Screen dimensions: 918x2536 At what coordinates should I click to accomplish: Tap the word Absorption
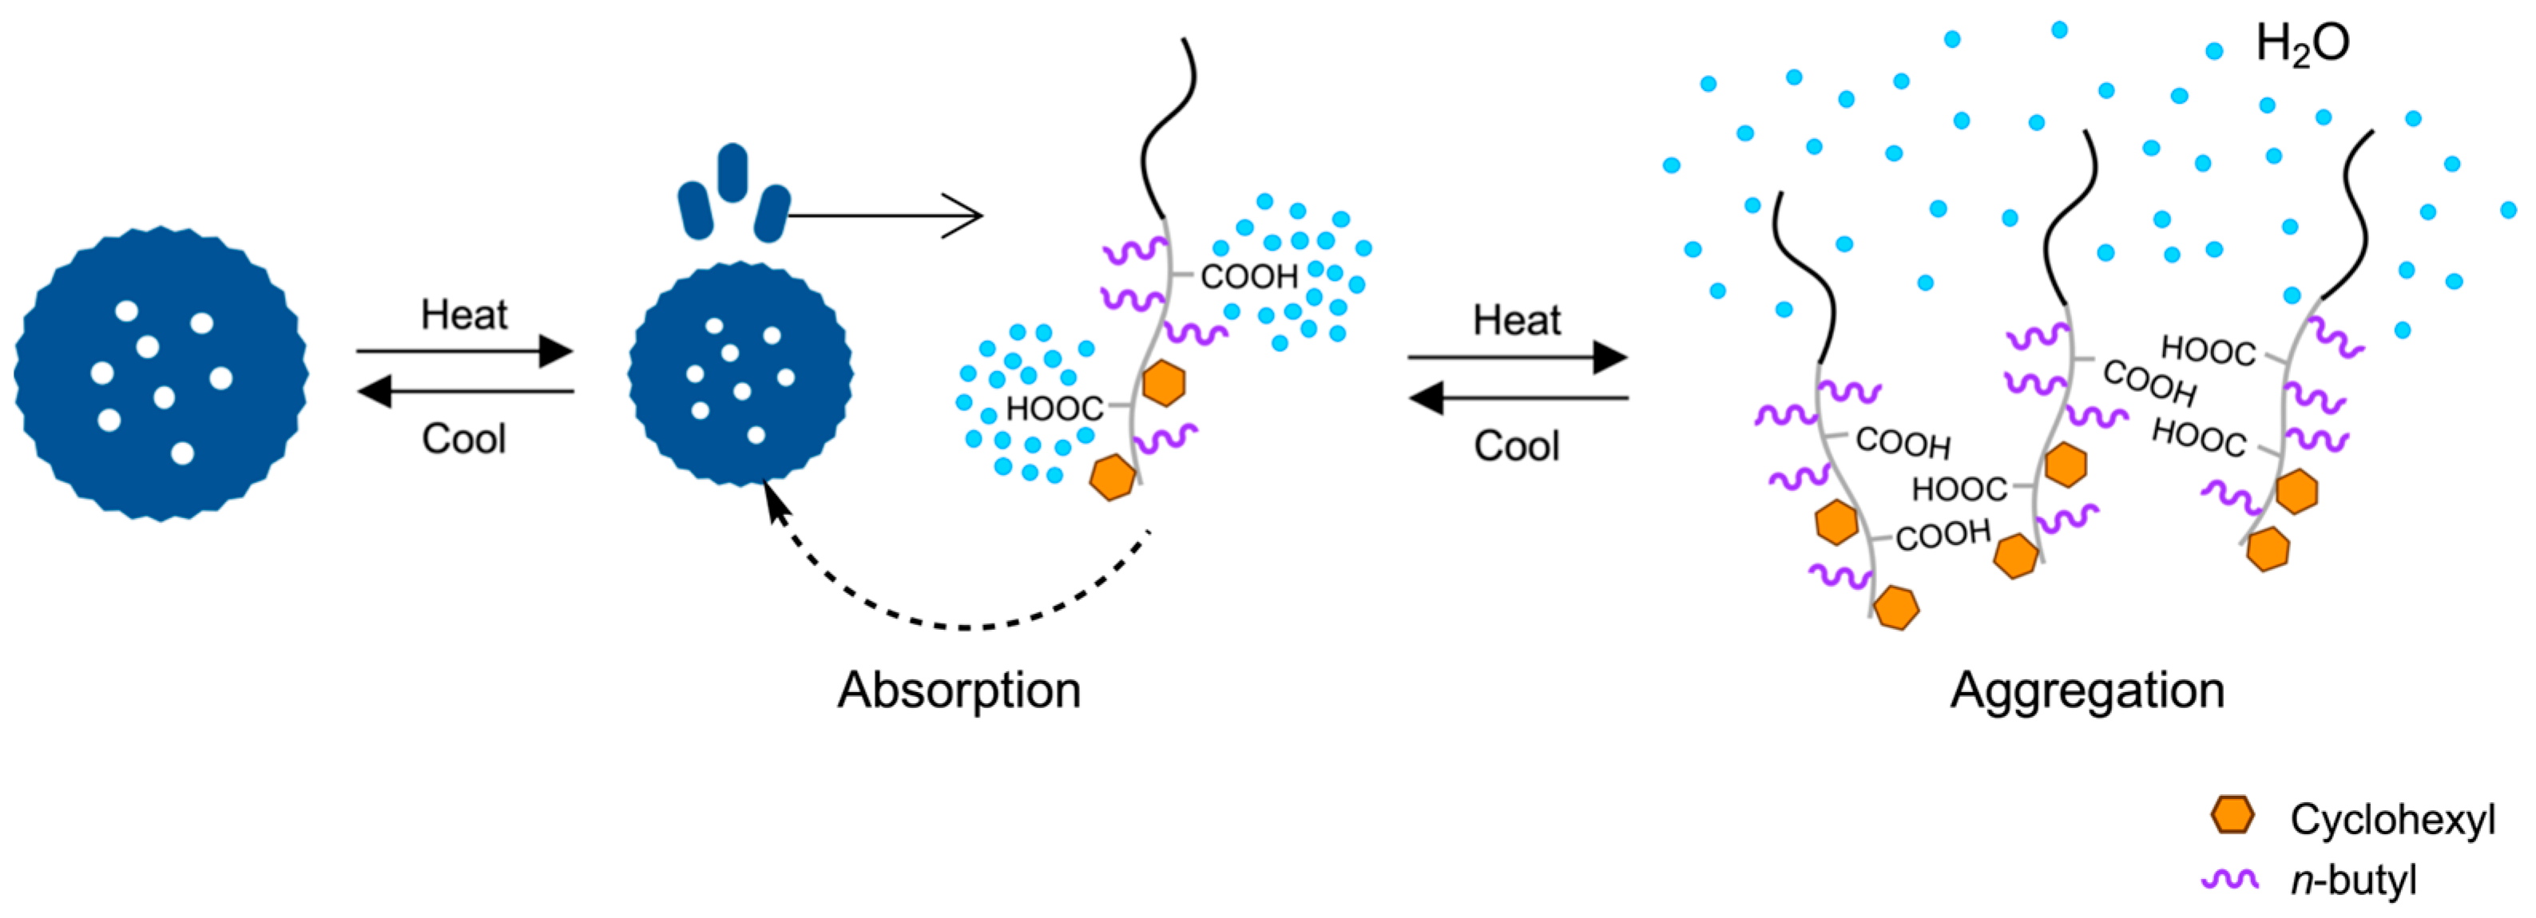click(958, 690)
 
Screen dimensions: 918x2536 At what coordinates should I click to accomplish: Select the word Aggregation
click(2087, 690)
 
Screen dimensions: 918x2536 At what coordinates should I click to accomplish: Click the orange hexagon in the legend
click(2232, 816)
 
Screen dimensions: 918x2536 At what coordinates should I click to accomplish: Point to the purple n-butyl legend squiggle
click(2230, 879)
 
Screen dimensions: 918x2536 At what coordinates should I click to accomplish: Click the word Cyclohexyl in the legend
click(2391, 819)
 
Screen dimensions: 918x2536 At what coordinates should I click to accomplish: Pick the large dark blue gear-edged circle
click(161, 374)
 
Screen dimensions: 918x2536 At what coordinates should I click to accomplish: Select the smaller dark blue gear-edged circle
click(740, 374)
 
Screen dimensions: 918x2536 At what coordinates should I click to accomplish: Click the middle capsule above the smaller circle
click(732, 172)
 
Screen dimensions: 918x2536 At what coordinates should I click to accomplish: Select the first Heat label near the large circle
click(464, 315)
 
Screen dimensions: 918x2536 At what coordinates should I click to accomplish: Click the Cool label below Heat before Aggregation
click(1516, 445)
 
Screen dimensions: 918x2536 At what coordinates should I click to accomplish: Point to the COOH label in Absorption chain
click(1248, 276)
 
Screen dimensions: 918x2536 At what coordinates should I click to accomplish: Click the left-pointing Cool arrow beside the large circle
click(465, 392)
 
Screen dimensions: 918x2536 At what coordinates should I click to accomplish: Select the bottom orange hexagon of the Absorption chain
click(1113, 477)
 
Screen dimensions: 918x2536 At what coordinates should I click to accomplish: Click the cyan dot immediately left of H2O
click(2214, 51)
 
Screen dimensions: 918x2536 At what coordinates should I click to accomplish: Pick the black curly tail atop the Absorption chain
click(1167, 128)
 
